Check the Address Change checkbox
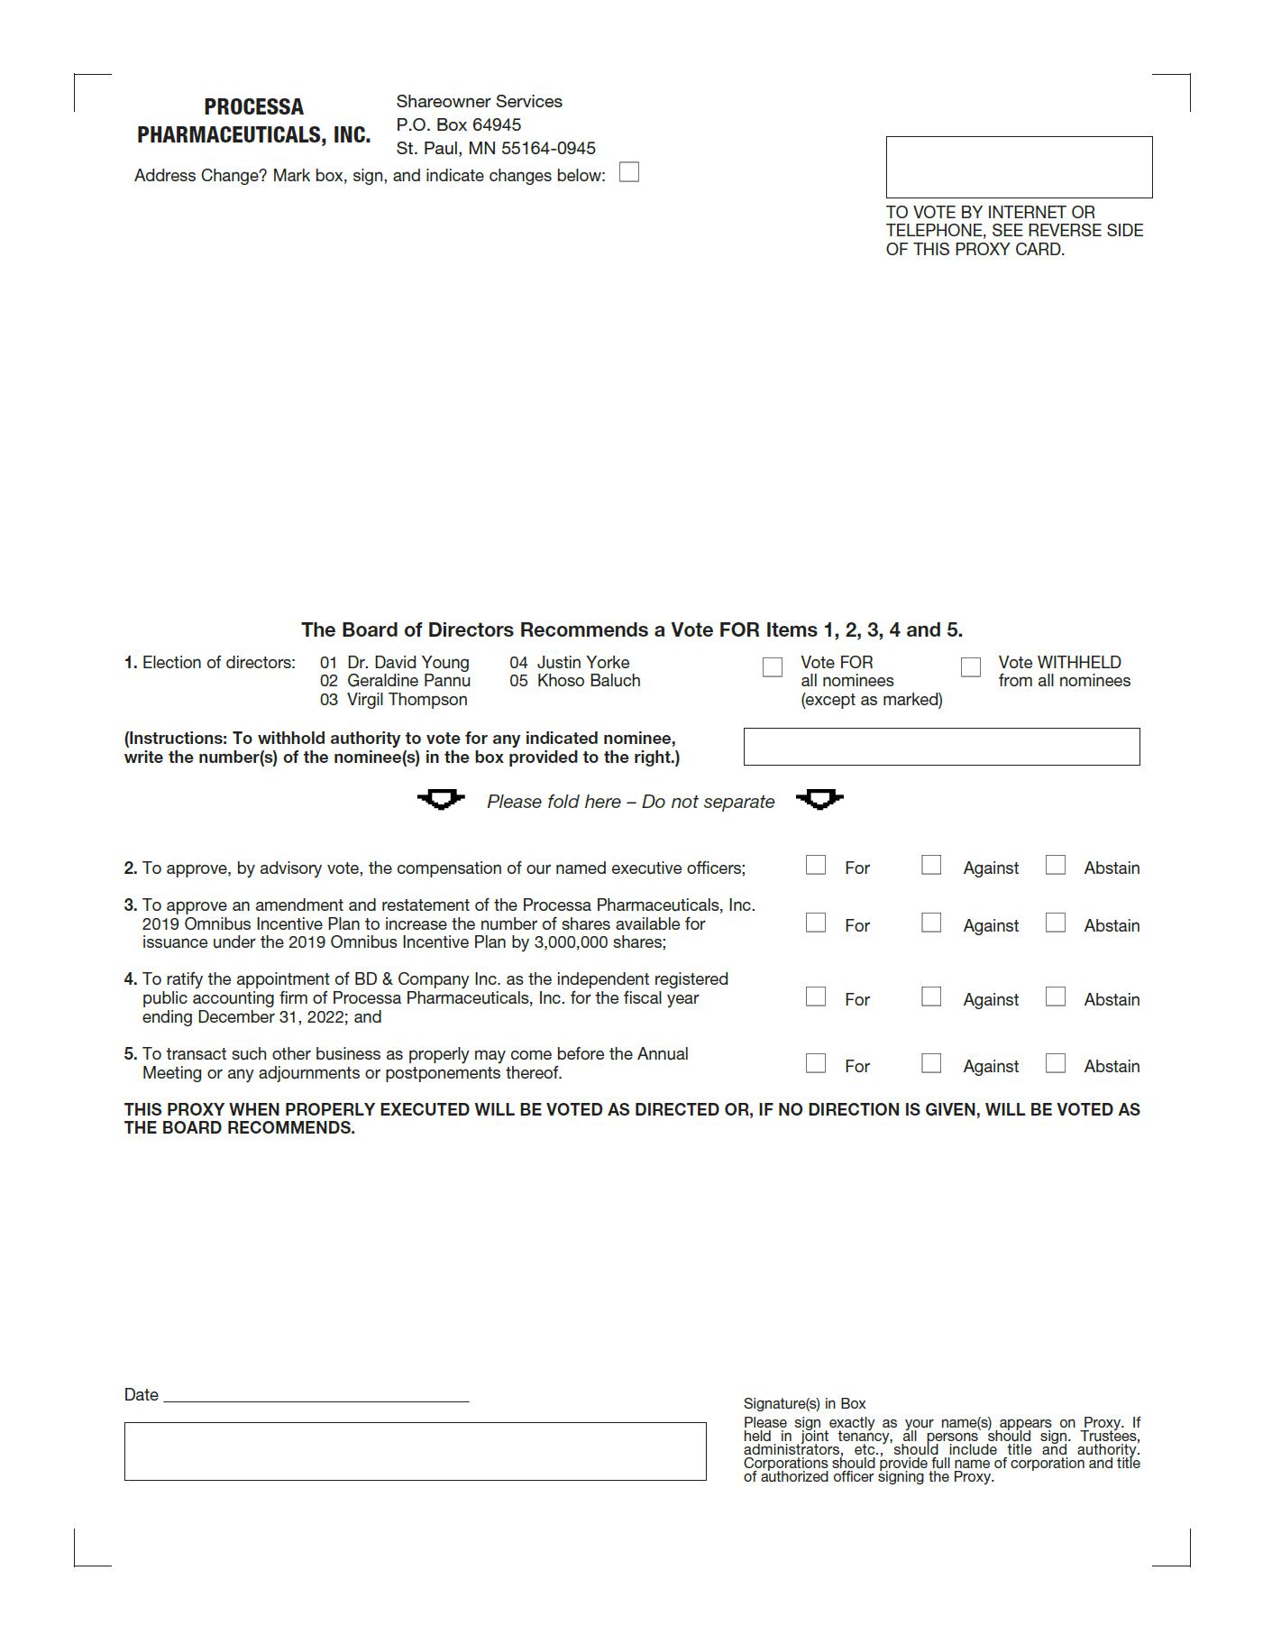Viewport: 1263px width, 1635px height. pyautogui.click(x=629, y=172)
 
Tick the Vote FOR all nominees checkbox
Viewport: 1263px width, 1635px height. pyautogui.click(x=773, y=667)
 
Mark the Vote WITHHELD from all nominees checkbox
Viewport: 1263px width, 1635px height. pyautogui.click(x=971, y=667)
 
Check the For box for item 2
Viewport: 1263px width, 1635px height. pyautogui.click(x=816, y=866)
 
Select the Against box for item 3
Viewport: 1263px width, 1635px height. pyautogui.click(x=931, y=923)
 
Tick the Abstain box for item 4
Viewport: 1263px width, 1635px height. pyautogui.click(x=1056, y=997)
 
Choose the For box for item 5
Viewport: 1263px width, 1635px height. pyautogui.click(x=816, y=1064)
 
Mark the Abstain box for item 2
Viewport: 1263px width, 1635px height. pyautogui.click(x=1056, y=866)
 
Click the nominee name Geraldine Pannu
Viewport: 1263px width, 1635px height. pyautogui.click(x=408, y=681)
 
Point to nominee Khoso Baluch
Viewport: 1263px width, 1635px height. pyautogui.click(x=589, y=681)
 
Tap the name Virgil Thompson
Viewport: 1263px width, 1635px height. pyautogui.click(x=407, y=700)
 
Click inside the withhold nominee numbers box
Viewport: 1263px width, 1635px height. pyautogui.click(x=941, y=747)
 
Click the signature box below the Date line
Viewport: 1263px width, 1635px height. pyautogui.click(x=415, y=1451)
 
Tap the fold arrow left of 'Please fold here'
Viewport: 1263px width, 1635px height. pyautogui.click(x=441, y=800)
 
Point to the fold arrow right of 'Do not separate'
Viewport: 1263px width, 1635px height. pyautogui.click(x=819, y=800)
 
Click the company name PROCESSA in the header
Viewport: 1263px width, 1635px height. pyautogui.click(x=253, y=107)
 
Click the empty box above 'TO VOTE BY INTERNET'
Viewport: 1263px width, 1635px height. pyautogui.click(x=1019, y=167)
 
